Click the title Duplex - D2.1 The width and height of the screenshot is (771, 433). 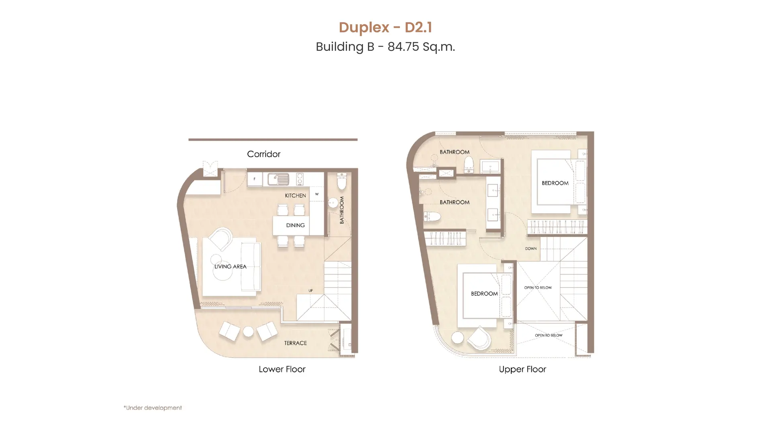385,27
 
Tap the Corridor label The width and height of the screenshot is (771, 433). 263,154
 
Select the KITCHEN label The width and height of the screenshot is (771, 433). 295,196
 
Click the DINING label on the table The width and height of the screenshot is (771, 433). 295,225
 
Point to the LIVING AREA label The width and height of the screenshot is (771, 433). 230,267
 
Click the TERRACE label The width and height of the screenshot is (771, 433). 295,343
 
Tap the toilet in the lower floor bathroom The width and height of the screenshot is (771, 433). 342,181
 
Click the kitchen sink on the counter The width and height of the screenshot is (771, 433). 278,179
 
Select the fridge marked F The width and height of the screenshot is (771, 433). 255,179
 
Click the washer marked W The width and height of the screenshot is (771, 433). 317,194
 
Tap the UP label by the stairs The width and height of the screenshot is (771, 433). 310,291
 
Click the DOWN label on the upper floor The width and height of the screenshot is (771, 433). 530,249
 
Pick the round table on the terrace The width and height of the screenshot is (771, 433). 248,332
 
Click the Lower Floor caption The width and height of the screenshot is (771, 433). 282,369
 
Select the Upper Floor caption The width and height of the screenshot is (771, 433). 522,369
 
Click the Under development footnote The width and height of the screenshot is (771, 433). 153,408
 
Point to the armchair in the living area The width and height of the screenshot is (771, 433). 220,239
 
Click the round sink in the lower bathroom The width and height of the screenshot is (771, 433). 333,203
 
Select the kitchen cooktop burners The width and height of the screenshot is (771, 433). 300,179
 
